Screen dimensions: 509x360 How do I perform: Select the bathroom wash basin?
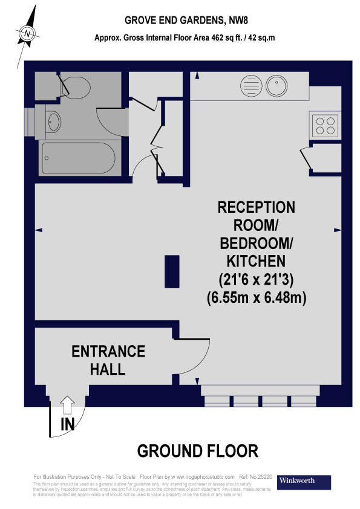click(53, 122)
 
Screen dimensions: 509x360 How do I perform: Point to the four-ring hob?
click(325, 125)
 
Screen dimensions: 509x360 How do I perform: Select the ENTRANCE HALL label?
click(108, 360)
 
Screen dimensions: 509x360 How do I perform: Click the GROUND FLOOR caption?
click(198, 451)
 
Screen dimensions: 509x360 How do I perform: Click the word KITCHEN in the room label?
click(257, 262)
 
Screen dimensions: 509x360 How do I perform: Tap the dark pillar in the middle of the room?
click(172, 271)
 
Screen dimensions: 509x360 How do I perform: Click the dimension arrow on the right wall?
click(336, 230)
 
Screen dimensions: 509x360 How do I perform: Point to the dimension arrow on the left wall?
click(39, 230)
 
